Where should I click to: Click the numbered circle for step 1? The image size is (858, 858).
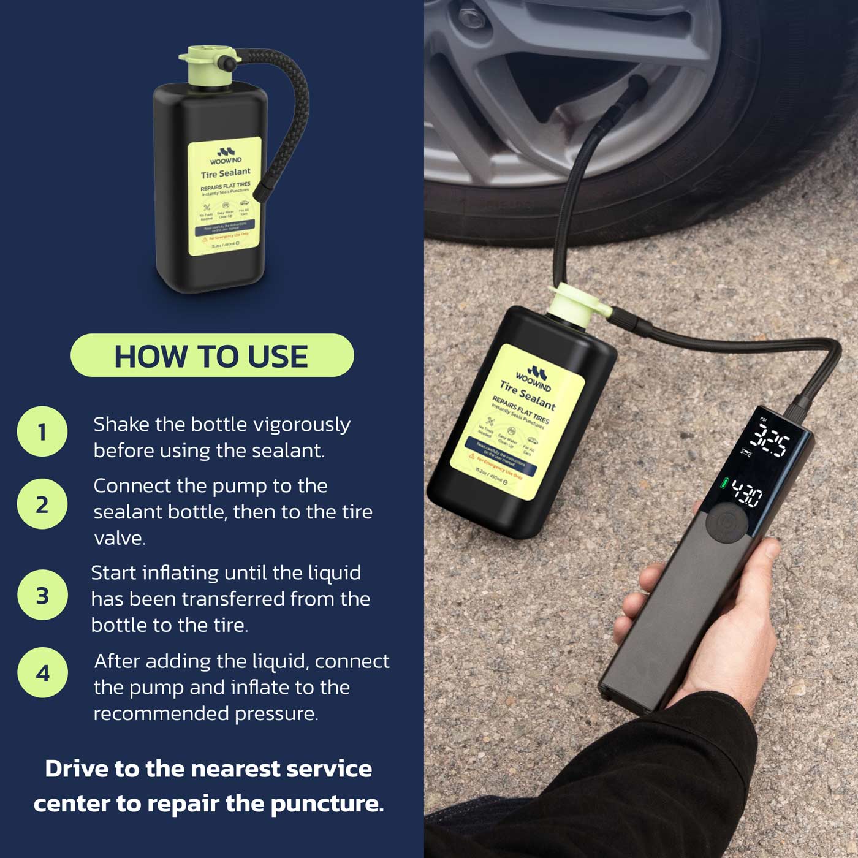(42, 431)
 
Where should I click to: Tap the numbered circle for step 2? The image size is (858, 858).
(42, 504)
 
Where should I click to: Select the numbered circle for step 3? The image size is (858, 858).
(42, 594)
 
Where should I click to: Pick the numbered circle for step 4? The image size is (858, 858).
(42, 672)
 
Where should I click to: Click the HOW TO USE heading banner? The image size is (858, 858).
(212, 355)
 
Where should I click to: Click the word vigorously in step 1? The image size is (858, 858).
(302, 424)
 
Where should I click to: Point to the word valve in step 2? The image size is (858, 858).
(120, 538)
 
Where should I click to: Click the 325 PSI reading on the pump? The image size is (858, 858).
(770, 441)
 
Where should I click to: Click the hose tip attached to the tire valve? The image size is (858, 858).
(636, 86)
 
